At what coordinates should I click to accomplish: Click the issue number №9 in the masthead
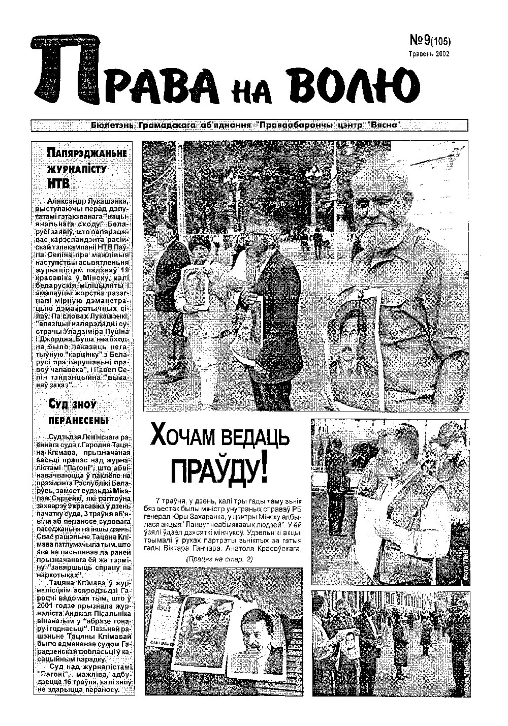click(420, 41)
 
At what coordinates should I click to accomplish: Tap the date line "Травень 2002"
click(429, 53)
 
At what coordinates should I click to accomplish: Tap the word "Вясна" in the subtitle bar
click(383, 125)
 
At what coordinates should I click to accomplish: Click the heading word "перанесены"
click(78, 421)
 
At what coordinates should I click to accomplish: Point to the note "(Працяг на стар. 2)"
click(219, 559)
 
